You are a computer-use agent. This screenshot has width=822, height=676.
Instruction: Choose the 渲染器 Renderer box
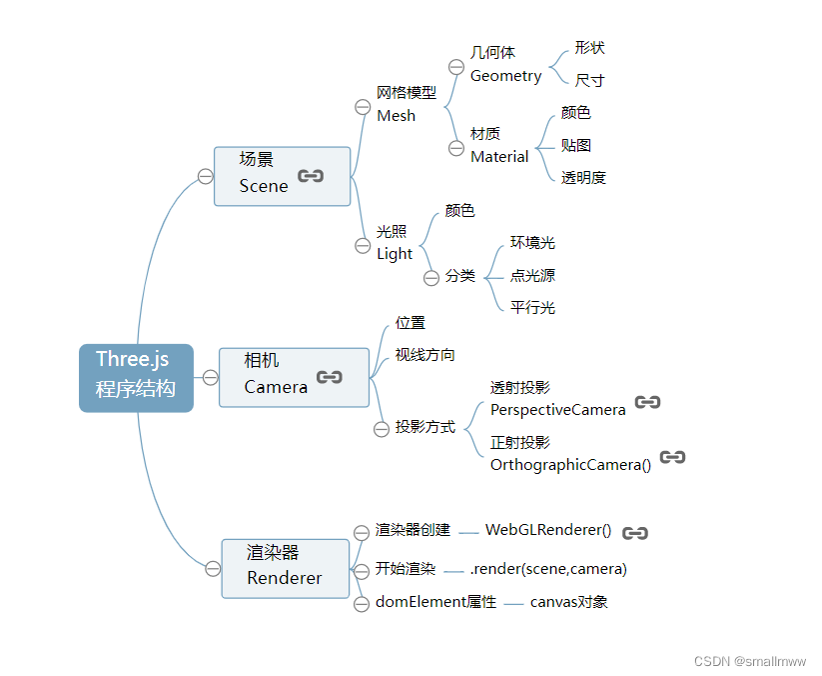pyautogui.click(x=285, y=568)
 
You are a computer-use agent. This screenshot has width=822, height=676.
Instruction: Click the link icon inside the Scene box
pyautogui.click(x=311, y=176)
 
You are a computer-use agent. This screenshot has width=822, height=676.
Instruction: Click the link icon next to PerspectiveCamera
pyautogui.click(x=647, y=402)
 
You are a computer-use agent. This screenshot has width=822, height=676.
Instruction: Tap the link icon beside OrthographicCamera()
pyautogui.click(x=672, y=457)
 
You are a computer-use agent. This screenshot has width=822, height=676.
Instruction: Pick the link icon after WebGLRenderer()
pyautogui.click(x=635, y=533)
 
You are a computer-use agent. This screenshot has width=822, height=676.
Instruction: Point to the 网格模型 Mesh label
pyautogui.click(x=406, y=104)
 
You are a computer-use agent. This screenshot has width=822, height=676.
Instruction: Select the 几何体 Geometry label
pyautogui.click(x=505, y=64)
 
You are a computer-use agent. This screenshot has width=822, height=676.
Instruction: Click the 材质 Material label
pyautogui.click(x=499, y=145)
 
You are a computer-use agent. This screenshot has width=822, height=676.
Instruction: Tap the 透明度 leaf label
pyautogui.click(x=583, y=178)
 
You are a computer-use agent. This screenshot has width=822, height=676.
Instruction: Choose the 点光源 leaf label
pyautogui.click(x=532, y=275)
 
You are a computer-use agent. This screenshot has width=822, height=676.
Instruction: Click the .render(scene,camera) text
pyautogui.click(x=548, y=569)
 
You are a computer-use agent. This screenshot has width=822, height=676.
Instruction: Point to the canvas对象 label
pyautogui.click(x=568, y=602)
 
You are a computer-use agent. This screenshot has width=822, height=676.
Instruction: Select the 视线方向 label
pyautogui.click(x=424, y=354)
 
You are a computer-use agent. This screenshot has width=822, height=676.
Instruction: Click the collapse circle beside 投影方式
pyautogui.click(x=381, y=429)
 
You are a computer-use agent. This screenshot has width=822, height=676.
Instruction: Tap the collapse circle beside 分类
pyautogui.click(x=431, y=278)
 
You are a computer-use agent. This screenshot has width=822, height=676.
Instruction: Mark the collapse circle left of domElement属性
pyautogui.click(x=362, y=604)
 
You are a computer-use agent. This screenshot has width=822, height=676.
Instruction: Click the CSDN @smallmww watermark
pyautogui.click(x=749, y=661)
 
